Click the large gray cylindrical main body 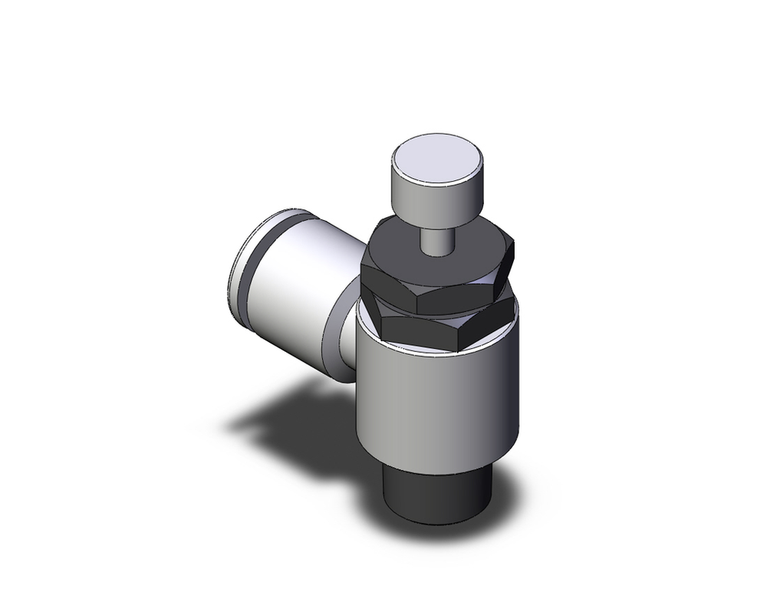point(437,399)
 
